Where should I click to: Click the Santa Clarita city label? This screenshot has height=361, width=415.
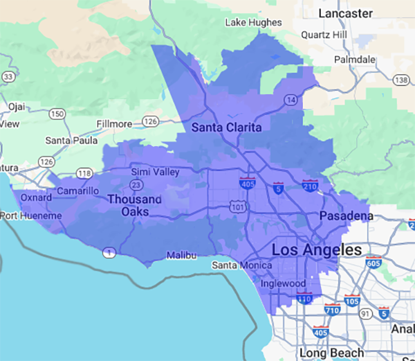click(x=226, y=127)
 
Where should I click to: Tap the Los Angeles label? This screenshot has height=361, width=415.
click(x=317, y=250)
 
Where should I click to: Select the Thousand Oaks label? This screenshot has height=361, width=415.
click(x=134, y=206)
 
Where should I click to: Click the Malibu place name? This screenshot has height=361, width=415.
click(x=182, y=256)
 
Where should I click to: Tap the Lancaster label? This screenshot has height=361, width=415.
click(x=346, y=13)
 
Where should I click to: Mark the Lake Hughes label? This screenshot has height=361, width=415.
click(x=254, y=22)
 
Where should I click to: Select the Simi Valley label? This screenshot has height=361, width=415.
click(x=156, y=172)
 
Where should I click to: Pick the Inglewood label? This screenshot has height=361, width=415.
click(x=284, y=283)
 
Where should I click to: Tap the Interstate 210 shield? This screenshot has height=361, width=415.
click(x=310, y=185)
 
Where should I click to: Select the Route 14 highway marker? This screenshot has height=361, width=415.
click(x=288, y=100)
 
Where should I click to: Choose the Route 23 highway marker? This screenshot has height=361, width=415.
click(x=136, y=185)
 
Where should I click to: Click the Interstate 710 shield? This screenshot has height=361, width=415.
click(x=333, y=309)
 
